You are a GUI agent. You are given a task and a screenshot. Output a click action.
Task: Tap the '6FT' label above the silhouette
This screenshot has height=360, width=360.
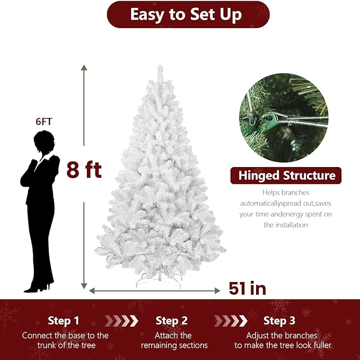click(44, 121)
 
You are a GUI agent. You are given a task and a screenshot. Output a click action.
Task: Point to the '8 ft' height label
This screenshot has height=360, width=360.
click(84, 170)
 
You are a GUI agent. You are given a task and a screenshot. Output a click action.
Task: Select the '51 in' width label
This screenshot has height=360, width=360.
click(247, 288)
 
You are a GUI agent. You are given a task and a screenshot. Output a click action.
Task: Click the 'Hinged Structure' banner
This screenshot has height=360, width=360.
click(286, 175)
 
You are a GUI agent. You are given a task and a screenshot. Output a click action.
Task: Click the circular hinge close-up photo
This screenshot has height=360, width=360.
click(284, 118)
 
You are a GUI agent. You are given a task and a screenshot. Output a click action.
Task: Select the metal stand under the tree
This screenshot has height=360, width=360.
click(159, 279)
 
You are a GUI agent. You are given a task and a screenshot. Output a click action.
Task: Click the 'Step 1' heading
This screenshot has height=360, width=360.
click(63, 321)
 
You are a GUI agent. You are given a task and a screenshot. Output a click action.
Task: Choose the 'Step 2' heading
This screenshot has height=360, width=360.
click(172, 321)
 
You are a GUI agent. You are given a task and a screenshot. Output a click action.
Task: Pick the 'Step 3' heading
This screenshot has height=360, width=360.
click(279, 321)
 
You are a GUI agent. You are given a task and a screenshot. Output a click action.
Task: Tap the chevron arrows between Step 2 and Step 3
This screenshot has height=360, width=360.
click(230, 321)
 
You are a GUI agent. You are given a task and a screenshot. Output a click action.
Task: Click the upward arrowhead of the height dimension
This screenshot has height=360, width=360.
click(84, 67)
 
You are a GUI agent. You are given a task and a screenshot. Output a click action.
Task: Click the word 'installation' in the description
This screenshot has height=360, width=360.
click(286, 225)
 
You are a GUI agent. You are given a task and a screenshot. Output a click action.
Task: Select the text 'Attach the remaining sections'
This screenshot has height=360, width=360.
click(174, 340)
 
